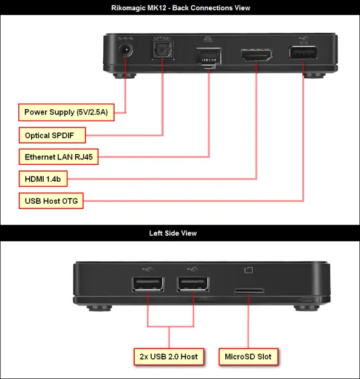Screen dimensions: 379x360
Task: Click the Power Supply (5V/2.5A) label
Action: (x=66, y=112)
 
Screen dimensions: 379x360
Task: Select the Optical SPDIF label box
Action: (x=52, y=135)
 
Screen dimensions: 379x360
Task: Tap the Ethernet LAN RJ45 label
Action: (x=58, y=156)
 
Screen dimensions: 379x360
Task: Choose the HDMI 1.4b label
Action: (x=43, y=179)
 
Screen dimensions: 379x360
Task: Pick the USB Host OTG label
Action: (x=51, y=201)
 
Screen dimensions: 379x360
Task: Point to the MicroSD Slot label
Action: (x=249, y=356)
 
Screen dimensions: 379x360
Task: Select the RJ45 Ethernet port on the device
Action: (x=208, y=56)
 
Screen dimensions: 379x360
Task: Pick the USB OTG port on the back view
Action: (x=303, y=54)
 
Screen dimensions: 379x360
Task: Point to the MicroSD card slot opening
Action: (x=249, y=290)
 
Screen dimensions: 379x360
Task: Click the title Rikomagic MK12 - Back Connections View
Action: (x=180, y=8)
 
